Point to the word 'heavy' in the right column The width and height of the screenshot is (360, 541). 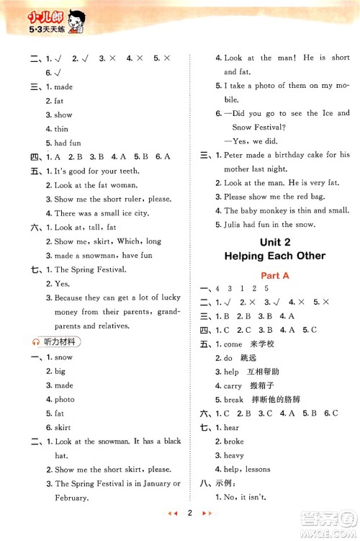(234, 456)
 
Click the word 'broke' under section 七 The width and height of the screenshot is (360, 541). (234, 442)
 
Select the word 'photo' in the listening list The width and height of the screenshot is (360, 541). (65, 400)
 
